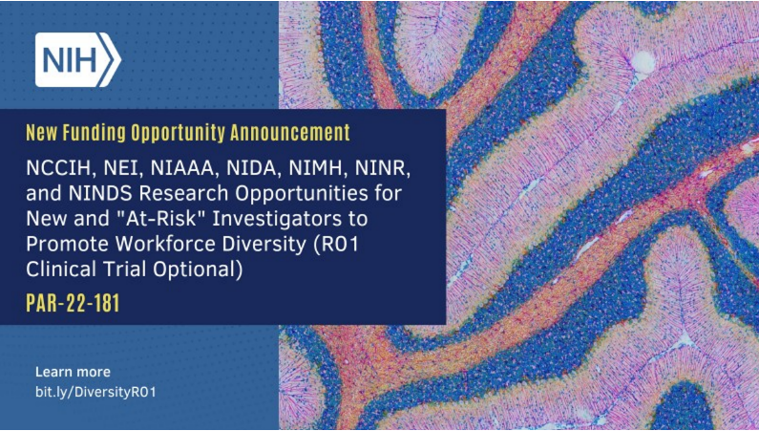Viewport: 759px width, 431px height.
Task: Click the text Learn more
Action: [73, 372]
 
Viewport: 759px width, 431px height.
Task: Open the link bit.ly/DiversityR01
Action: [95, 393]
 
